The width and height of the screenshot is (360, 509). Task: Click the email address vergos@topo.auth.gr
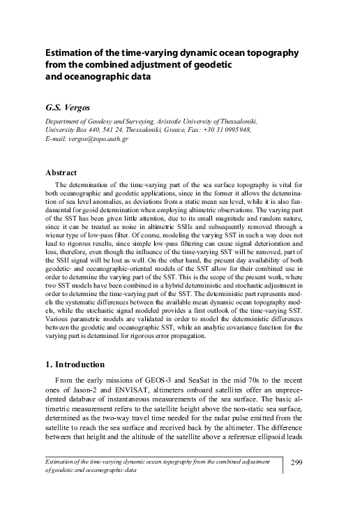pyautogui.click(x=98, y=138)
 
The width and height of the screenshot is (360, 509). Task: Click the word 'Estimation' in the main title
pyautogui.click(x=72, y=53)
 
